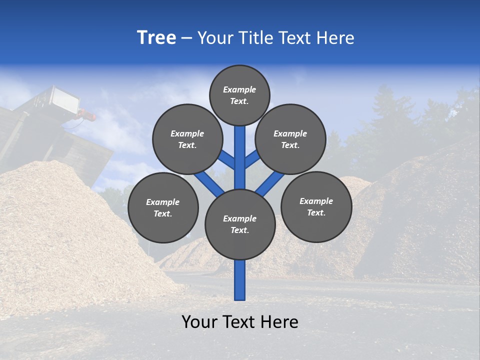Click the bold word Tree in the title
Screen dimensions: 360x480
click(x=156, y=37)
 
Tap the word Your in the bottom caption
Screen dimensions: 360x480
click(x=199, y=322)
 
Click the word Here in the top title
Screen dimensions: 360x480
click(x=336, y=37)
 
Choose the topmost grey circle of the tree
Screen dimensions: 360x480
click(x=239, y=95)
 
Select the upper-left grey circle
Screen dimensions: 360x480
click(x=187, y=139)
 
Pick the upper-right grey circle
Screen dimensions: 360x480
click(x=290, y=139)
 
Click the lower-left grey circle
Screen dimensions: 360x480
click(x=163, y=207)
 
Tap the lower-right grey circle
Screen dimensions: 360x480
click(x=316, y=206)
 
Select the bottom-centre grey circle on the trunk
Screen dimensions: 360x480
click(x=240, y=224)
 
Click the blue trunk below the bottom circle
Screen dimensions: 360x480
click(x=240, y=280)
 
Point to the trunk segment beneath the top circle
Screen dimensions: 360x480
click(x=240, y=150)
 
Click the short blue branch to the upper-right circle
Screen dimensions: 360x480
click(x=251, y=160)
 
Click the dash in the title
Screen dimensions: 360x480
click(x=187, y=38)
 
